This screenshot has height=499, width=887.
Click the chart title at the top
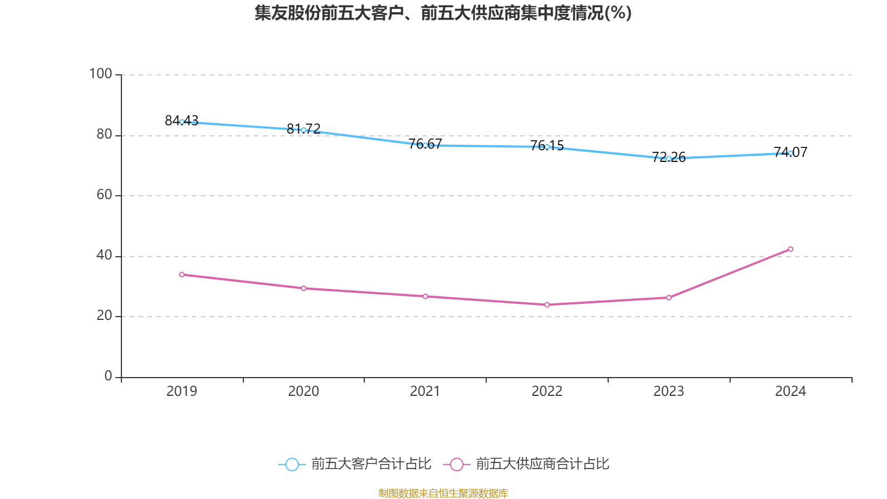point(443,13)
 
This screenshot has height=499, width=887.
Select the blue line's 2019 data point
point(182,122)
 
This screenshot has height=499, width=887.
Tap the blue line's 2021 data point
point(425,145)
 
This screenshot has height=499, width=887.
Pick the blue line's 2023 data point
point(669,159)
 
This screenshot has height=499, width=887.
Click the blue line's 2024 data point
point(791,153)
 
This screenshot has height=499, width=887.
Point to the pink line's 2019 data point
point(182,274)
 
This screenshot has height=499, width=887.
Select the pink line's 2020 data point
point(303,288)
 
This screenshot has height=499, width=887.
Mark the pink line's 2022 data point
point(547,304)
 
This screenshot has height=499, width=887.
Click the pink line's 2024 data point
point(791,249)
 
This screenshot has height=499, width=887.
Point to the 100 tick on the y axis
point(101,74)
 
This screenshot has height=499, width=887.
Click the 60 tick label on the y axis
point(104,195)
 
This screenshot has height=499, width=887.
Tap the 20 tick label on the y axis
point(104,315)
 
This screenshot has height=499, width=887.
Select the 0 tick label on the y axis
point(109,376)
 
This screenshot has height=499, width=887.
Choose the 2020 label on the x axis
point(303,391)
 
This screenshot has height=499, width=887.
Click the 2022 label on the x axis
point(547,391)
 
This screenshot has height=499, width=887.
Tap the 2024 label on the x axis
point(791,391)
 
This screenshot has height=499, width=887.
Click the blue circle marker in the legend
point(292,464)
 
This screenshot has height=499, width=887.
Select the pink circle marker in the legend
point(456,464)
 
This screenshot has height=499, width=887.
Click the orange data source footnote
point(443,493)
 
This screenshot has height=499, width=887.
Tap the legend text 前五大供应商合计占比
point(542,464)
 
